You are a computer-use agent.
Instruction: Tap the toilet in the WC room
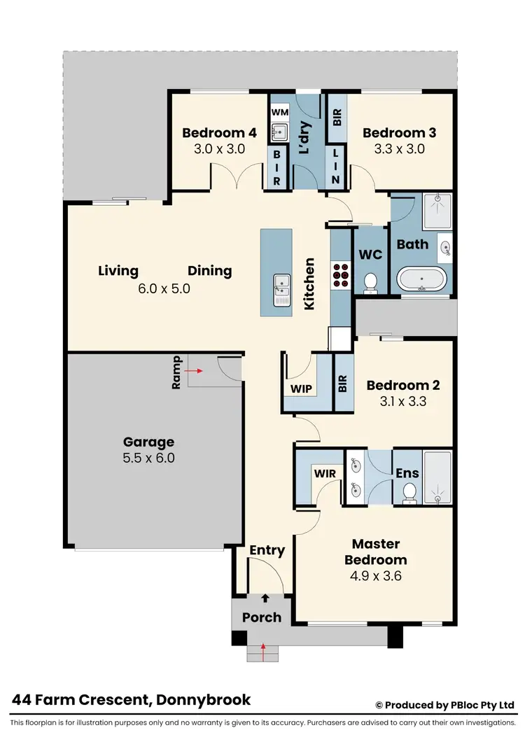(x=371, y=281)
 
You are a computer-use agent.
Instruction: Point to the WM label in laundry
(x=279, y=112)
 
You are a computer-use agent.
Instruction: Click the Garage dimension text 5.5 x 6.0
(x=148, y=458)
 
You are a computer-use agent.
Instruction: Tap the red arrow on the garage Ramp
(x=192, y=372)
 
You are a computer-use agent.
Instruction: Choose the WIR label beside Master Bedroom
(x=325, y=474)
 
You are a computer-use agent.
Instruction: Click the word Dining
(x=209, y=271)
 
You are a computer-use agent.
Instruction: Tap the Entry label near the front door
(x=267, y=551)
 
